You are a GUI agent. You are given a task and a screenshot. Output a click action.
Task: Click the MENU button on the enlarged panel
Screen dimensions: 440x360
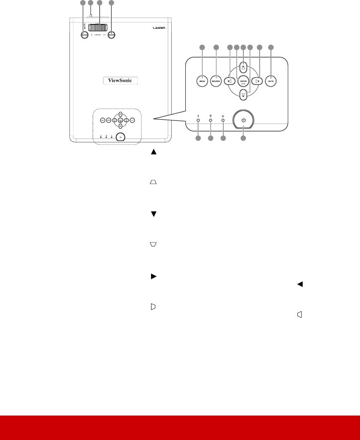click(201, 81)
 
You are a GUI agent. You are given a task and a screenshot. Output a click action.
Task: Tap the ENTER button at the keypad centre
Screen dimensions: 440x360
click(244, 81)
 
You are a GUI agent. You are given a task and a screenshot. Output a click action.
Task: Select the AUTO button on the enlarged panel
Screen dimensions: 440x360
click(270, 81)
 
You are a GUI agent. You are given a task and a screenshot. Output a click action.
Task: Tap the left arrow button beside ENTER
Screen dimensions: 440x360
click(231, 81)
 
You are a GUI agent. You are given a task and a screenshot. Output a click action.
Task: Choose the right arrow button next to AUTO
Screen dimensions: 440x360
click(257, 81)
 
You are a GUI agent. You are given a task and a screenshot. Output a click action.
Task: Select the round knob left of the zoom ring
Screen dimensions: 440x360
click(84, 36)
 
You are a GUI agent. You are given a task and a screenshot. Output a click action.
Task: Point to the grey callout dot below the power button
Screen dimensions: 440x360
click(243, 139)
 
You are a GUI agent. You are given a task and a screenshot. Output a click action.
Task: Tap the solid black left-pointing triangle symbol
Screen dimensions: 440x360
click(299, 283)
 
